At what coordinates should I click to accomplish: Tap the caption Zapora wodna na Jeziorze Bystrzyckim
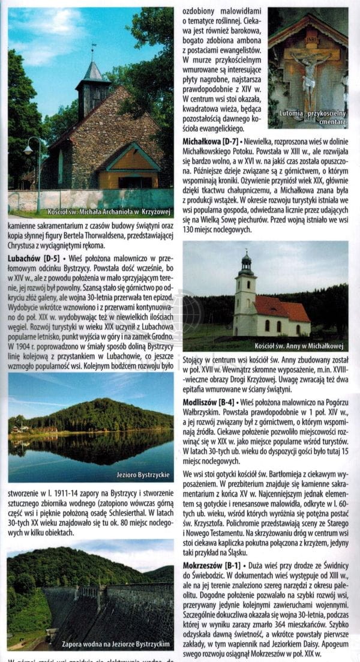[116, 644]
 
